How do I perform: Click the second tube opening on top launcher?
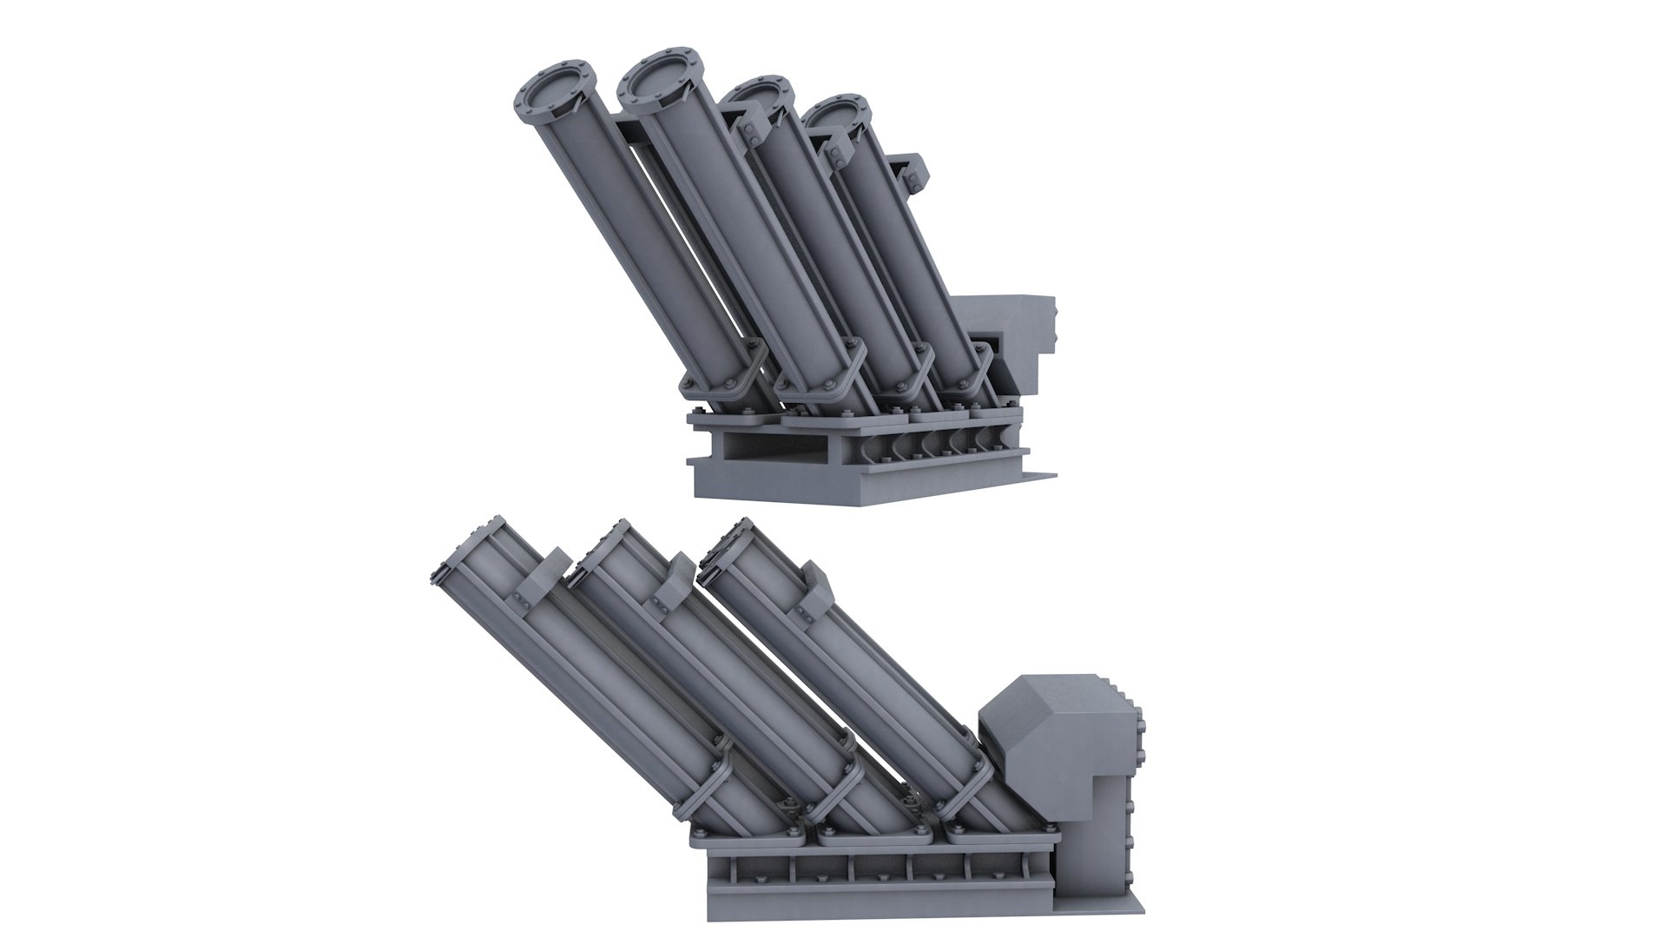657,83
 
